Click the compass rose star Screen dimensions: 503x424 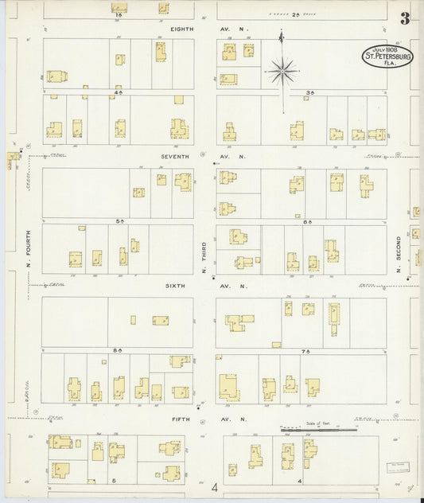(282, 72)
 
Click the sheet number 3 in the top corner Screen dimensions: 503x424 (406, 19)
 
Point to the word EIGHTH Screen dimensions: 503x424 (182, 29)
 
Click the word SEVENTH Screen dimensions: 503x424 (176, 157)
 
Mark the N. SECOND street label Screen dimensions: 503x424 (400, 252)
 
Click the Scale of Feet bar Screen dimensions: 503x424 (318, 431)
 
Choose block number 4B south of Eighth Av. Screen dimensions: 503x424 (118, 92)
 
